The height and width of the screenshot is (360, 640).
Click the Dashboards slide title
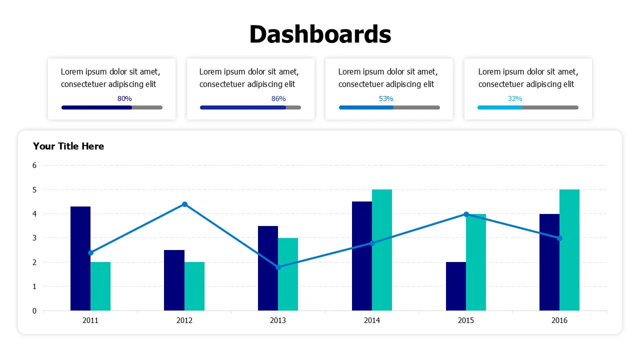pyautogui.click(x=320, y=34)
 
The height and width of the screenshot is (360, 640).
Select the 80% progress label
pyautogui.click(x=124, y=98)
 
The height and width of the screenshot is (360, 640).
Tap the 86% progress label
pyautogui.click(x=278, y=98)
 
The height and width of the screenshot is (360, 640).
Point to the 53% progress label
pyautogui.click(x=386, y=98)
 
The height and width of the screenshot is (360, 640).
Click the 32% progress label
pyautogui.click(x=515, y=98)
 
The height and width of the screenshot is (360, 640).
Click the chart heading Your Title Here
pyautogui.click(x=68, y=146)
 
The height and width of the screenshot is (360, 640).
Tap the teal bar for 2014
pyautogui.click(x=382, y=250)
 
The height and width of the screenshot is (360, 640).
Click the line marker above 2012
pyautogui.click(x=184, y=204)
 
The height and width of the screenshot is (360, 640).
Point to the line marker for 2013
pyautogui.click(x=278, y=267)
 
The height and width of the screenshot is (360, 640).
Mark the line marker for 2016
pyautogui.click(x=559, y=238)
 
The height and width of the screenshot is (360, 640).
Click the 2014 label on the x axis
pyautogui.click(x=372, y=320)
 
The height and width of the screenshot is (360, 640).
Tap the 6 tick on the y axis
pyautogui.click(x=34, y=165)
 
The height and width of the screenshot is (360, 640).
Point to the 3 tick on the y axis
pyautogui.click(x=34, y=238)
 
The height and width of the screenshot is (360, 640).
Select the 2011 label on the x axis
pyautogui.click(x=90, y=320)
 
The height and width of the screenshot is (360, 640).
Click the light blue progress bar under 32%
pyautogui.click(x=499, y=107)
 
